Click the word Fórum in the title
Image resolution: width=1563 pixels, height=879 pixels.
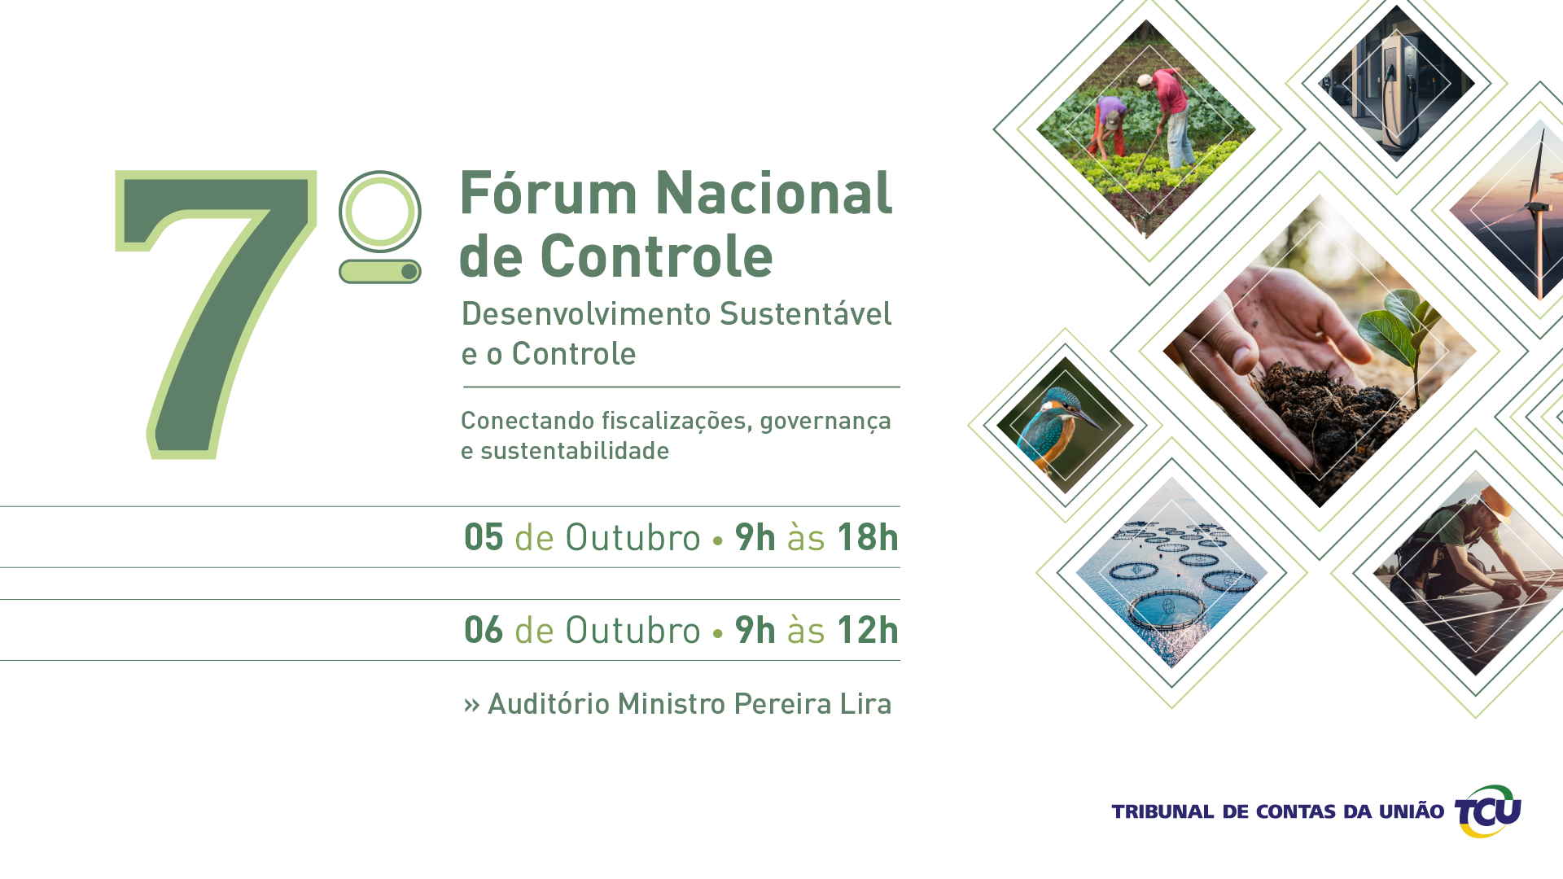point(549,194)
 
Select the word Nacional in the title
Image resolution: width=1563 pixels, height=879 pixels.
point(773,194)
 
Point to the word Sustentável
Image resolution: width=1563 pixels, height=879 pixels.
point(806,313)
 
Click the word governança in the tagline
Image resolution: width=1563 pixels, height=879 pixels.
point(825,422)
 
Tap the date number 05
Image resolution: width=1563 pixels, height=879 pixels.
point(484,537)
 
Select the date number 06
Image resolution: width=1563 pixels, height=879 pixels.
point(484,630)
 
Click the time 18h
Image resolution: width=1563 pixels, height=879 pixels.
point(868,537)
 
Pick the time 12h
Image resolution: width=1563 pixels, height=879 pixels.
point(868,630)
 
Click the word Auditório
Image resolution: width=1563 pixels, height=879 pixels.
point(549,704)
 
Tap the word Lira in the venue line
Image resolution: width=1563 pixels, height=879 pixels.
point(865,704)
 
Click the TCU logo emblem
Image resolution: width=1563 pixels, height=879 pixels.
point(1488,811)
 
